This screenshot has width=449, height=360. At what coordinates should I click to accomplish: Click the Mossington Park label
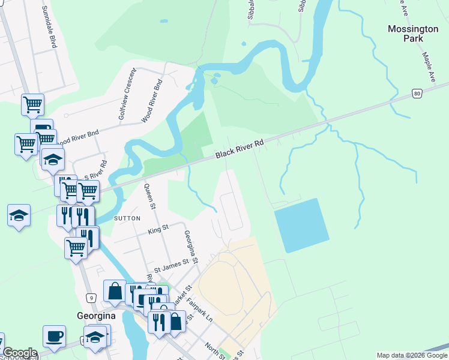[x=413, y=34]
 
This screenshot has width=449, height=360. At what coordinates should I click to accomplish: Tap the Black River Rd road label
[x=240, y=149]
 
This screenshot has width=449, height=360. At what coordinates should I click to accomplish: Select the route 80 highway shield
[x=417, y=93]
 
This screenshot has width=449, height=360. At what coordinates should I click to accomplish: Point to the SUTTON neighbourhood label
[x=127, y=218]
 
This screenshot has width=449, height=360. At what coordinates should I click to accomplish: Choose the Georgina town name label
[x=95, y=316]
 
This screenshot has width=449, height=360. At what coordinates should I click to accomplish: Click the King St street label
[x=158, y=229]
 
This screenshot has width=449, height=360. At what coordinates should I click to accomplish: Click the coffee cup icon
[x=54, y=336]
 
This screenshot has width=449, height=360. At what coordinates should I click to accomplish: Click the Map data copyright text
[x=412, y=355]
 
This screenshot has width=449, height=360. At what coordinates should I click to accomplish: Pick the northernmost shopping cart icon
[x=33, y=105]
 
